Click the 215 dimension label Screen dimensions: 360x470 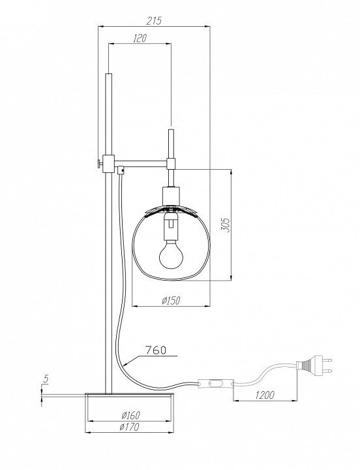pyautogui.click(x=154, y=21)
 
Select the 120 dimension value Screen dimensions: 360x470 pyautogui.click(x=140, y=38)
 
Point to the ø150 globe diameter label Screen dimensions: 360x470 pyautogui.click(x=171, y=300)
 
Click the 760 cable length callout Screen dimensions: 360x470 pyautogui.click(x=155, y=350)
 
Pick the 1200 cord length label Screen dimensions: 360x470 pyautogui.click(x=265, y=395)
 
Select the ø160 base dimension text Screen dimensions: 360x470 pyautogui.click(x=131, y=415)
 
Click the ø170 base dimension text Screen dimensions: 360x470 pyautogui.click(x=129, y=427)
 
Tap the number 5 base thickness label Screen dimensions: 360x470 pyautogui.click(x=46, y=379)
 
